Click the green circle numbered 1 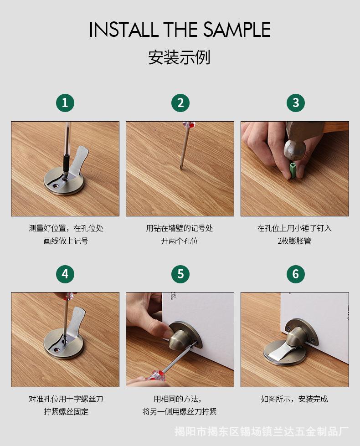pyautogui.click(x=65, y=103)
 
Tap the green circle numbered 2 pyautogui.click(x=180, y=103)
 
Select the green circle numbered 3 pyautogui.click(x=296, y=103)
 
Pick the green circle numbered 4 pyautogui.click(x=65, y=274)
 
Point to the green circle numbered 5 pyautogui.click(x=180, y=274)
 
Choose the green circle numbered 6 pyautogui.click(x=296, y=274)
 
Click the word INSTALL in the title pyautogui.click(x=124, y=30)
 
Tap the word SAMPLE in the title pyautogui.click(x=237, y=30)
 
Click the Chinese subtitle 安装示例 pyautogui.click(x=179, y=57)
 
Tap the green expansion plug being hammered pyautogui.click(x=292, y=171)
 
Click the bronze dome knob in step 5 pyautogui.click(x=180, y=337)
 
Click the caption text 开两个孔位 pyautogui.click(x=180, y=241)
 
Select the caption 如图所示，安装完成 pyautogui.click(x=294, y=399)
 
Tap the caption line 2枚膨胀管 pyautogui.click(x=294, y=241)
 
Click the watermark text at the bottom pyautogui.click(x=261, y=431)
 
